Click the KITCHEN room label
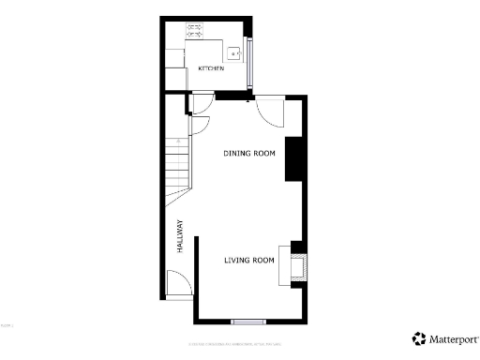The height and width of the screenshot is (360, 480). point(210,69)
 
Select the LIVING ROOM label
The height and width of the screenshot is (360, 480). point(248,260)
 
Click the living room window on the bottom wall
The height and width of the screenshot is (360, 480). point(248,322)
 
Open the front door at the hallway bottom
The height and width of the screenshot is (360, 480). point(178,285)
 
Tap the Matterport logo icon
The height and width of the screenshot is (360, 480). point(418,338)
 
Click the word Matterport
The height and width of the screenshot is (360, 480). point(451,338)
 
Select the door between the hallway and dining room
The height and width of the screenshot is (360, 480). point(199,124)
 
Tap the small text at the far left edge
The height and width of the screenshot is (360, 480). point(6,325)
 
